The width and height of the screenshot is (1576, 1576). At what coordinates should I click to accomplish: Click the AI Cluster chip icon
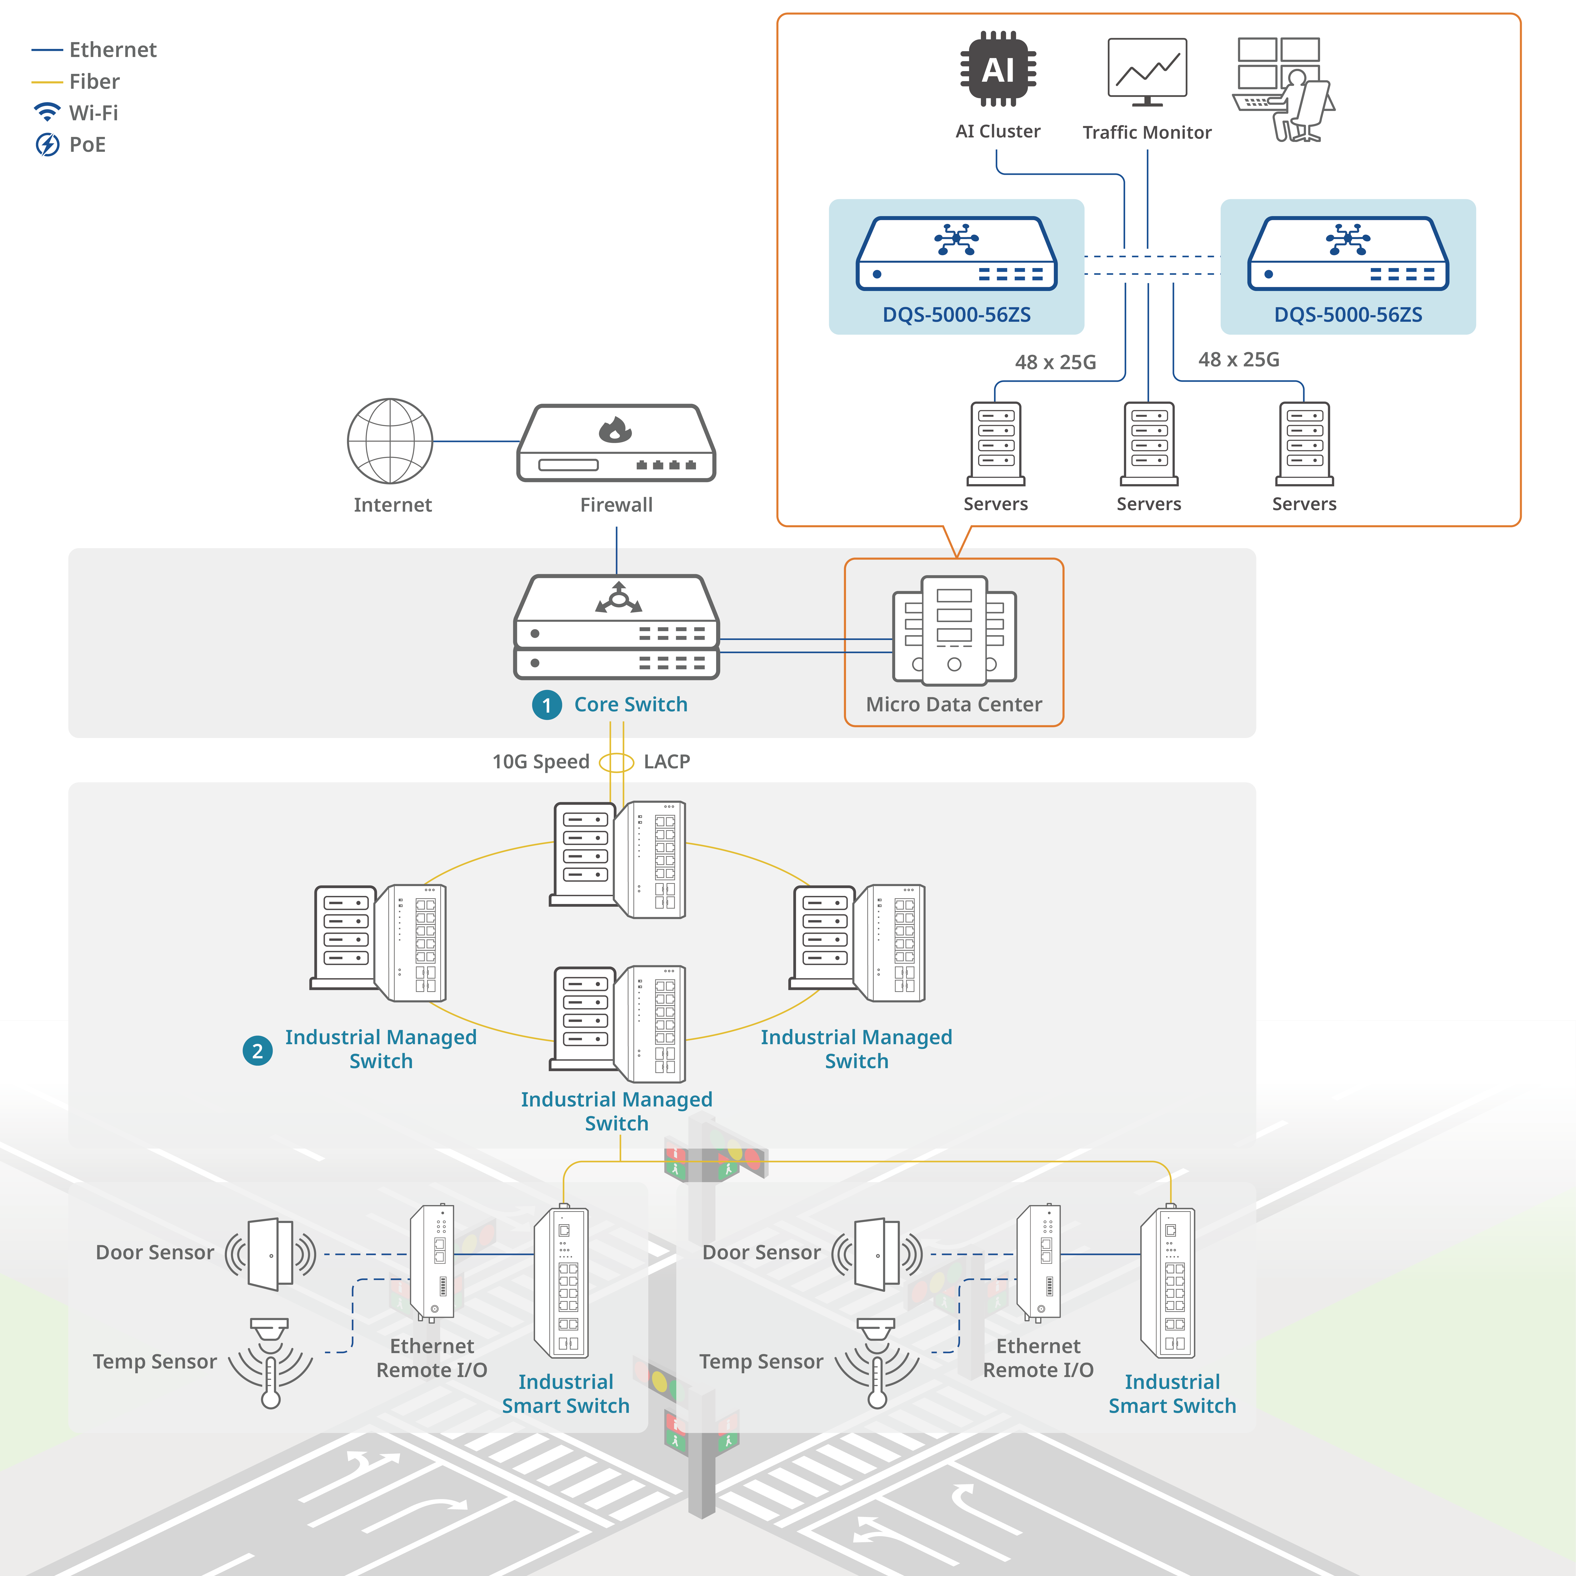pyautogui.click(x=998, y=69)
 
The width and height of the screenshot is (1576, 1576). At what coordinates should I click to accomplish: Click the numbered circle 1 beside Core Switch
pyautogui.click(x=546, y=705)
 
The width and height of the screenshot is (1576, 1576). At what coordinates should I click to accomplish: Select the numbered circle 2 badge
pyautogui.click(x=258, y=1051)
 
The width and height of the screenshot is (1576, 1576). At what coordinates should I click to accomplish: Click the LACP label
pyautogui.click(x=666, y=761)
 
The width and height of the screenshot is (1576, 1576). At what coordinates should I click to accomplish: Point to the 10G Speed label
pyautogui.click(x=540, y=761)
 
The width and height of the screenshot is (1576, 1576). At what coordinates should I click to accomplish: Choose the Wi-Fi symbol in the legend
pyautogui.click(x=47, y=111)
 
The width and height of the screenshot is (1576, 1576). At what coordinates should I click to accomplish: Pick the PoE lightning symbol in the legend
pyautogui.click(x=47, y=144)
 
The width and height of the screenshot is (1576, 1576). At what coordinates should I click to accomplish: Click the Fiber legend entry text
pyautogui.click(x=95, y=81)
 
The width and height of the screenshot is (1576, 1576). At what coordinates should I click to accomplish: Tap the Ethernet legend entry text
pyautogui.click(x=112, y=50)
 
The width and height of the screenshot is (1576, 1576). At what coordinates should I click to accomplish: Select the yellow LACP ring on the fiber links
pyautogui.click(x=617, y=763)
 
